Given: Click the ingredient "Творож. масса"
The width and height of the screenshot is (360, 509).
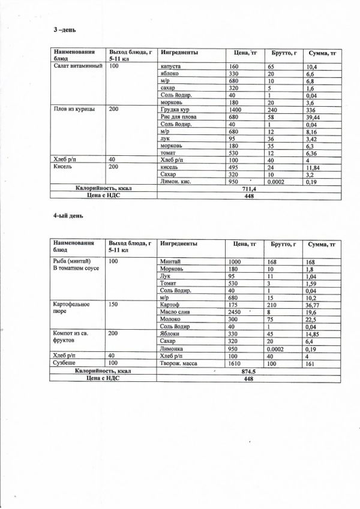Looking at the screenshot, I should (179, 363).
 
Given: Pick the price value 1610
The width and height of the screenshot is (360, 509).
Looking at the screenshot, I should (236, 363).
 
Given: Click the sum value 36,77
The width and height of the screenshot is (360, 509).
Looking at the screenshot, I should (314, 305).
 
